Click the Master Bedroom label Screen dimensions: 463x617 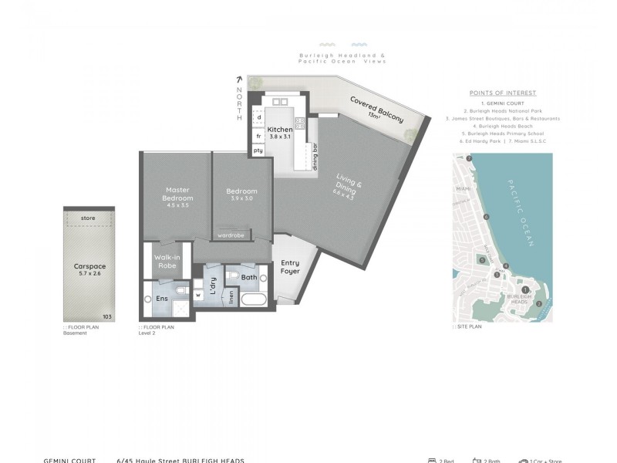[x=176, y=194]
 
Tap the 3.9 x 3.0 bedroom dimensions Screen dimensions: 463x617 [x=241, y=198]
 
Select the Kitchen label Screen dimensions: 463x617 [x=279, y=130]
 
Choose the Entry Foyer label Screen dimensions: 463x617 [x=290, y=266]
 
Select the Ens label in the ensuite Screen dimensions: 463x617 [x=162, y=298]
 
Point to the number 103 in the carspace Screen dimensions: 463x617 [x=107, y=316]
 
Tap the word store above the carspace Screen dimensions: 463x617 [x=88, y=218]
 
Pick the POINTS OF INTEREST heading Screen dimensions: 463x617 [x=502, y=93]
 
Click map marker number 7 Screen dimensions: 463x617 [x=469, y=159]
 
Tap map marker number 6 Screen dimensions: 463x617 [x=486, y=217]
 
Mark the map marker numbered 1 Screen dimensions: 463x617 [x=525, y=290]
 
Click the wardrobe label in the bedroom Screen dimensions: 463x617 [x=231, y=235]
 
